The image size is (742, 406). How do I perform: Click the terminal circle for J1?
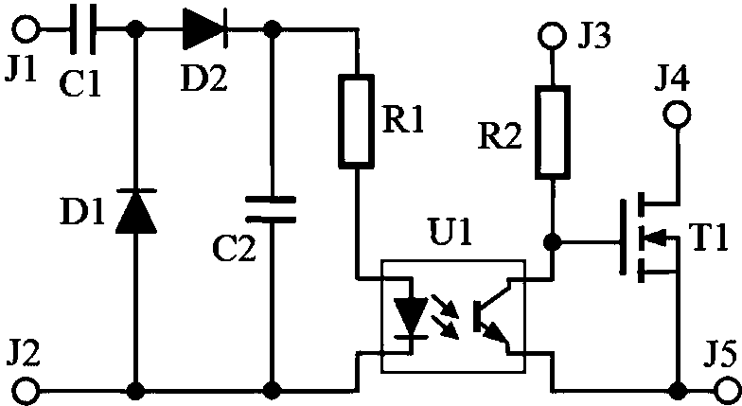[x=25, y=29]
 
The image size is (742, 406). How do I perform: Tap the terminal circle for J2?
[x=25, y=392]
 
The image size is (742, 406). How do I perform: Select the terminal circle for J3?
[x=553, y=34]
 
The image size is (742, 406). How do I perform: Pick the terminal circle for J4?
[x=678, y=114]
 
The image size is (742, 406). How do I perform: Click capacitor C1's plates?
[x=83, y=28]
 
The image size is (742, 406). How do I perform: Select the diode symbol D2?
[x=205, y=29]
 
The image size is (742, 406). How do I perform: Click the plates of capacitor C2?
[x=271, y=209]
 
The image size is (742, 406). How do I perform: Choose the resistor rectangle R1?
[x=356, y=121]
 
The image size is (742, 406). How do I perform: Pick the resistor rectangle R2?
[x=553, y=132]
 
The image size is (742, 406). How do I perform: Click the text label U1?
[x=450, y=231]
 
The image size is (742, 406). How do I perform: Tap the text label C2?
[x=235, y=248]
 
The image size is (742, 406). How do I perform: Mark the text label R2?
[x=500, y=137]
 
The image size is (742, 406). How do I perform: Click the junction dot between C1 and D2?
[x=136, y=29]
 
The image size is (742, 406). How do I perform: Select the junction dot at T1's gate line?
[x=553, y=242]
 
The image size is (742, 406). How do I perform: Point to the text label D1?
[x=81, y=212]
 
